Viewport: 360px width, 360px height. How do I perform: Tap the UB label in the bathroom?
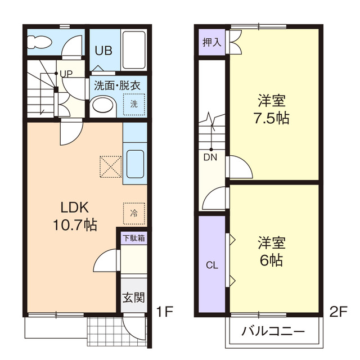[103, 50]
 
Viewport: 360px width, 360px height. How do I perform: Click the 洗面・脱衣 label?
[117, 85]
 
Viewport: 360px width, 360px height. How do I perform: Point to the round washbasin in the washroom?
[102, 105]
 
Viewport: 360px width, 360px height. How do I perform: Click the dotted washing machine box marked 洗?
[134, 104]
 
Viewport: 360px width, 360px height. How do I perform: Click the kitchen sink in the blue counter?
[135, 163]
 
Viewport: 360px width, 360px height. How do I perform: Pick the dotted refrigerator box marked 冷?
[134, 213]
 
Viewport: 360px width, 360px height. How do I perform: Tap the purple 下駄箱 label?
[134, 238]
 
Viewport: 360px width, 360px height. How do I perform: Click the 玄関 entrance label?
[134, 297]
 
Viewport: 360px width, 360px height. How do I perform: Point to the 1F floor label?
[165, 310]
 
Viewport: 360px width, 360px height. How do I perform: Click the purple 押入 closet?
[211, 42]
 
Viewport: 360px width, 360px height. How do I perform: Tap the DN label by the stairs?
[210, 157]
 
